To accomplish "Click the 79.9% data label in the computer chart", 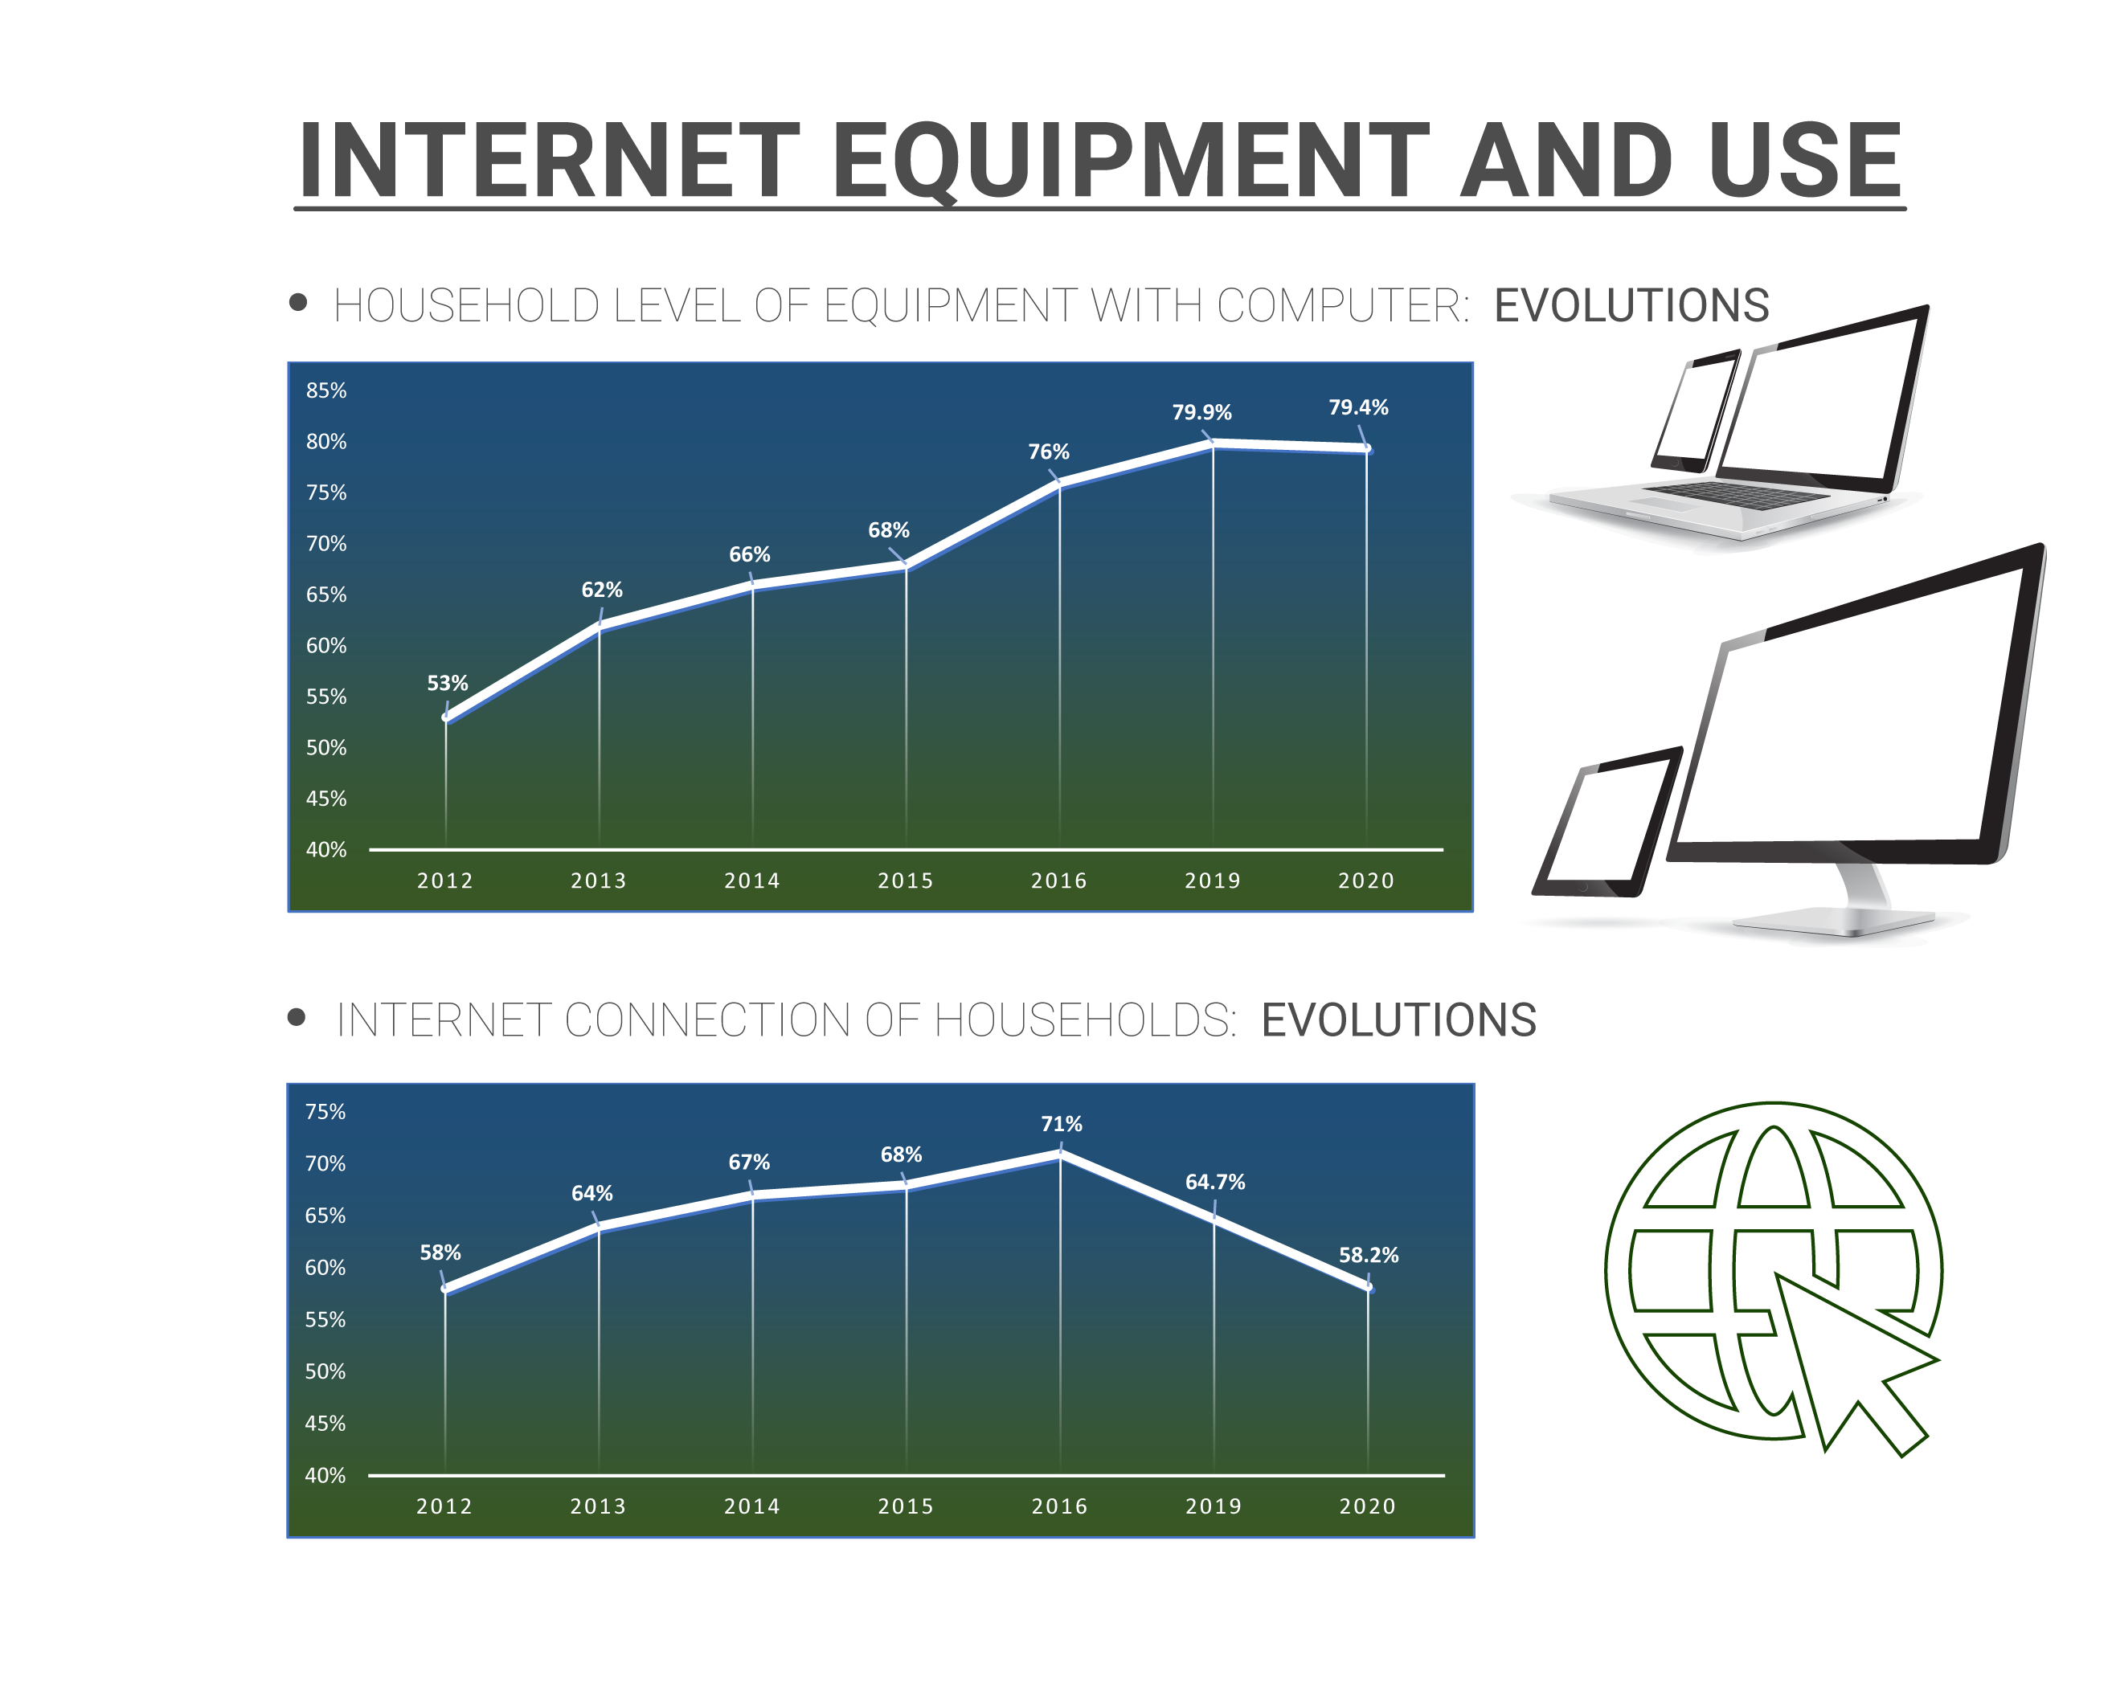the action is (x=1202, y=412).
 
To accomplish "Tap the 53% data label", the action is (x=447, y=684).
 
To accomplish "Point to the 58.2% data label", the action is (x=1369, y=1256).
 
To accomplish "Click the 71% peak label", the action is (x=1062, y=1124).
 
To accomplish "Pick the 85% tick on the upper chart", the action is (x=326, y=390).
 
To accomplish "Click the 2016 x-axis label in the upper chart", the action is (x=1059, y=881).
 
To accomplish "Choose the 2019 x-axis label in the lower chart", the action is (x=1214, y=1506).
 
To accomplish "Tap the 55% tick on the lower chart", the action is (x=325, y=1320).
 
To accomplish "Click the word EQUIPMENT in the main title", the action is (x=1132, y=161).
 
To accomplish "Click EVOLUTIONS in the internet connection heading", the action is (x=1399, y=1020).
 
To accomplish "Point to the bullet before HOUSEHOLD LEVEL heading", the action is (x=299, y=303).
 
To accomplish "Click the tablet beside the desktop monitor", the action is (x=1607, y=823).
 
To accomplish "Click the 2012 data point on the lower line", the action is (x=446, y=1289).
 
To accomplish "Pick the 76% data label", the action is (x=1048, y=452).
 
